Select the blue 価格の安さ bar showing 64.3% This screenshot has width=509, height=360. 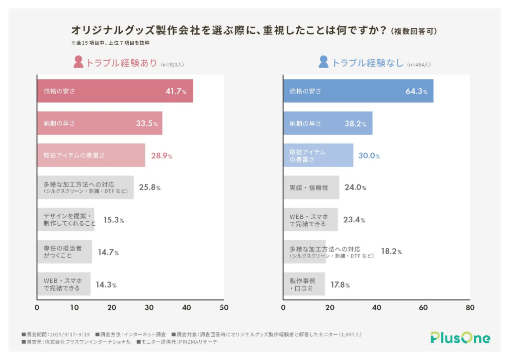(x=358, y=91)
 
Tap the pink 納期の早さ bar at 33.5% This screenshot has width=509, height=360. (x=99, y=123)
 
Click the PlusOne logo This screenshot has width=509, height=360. (x=460, y=338)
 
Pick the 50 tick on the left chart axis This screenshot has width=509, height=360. (x=224, y=308)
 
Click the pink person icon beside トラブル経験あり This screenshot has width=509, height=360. (x=78, y=62)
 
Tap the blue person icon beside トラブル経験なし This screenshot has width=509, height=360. (x=324, y=62)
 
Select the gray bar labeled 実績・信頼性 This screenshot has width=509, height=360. (x=311, y=188)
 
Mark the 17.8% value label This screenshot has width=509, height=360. (x=340, y=285)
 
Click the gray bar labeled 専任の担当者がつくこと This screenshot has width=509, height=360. (x=64, y=252)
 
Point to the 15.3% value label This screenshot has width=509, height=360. (x=113, y=220)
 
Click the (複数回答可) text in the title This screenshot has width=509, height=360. (x=414, y=31)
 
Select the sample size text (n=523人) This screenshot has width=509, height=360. (x=174, y=64)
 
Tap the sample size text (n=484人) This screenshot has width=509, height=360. (x=419, y=64)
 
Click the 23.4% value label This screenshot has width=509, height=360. (x=355, y=220)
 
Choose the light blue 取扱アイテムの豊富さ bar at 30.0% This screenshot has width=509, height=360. (x=318, y=156)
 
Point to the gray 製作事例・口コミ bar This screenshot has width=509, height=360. (x=304, y=284)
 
